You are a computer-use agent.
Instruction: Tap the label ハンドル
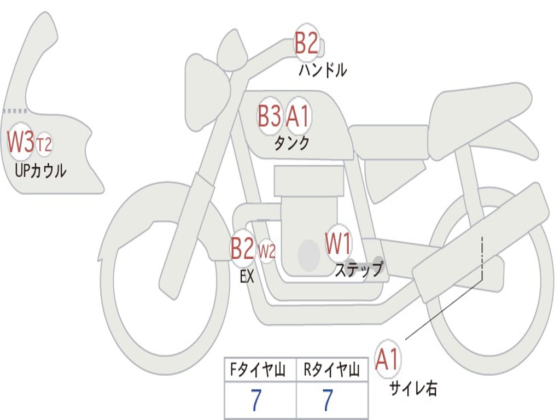[323, 70]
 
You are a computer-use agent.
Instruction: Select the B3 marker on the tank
[270, 116]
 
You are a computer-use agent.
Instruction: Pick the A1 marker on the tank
[298, 116]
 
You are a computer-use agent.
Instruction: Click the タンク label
[291, 143]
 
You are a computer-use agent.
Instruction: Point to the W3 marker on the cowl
[21, 142]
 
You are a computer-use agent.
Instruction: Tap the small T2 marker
[44, 145]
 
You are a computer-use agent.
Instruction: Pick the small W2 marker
[266, 252]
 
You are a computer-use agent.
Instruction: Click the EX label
[247, 277]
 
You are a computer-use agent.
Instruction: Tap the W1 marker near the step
[339, 244]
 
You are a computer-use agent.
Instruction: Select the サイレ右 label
[413, 388]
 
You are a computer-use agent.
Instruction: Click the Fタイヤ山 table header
[260, 371]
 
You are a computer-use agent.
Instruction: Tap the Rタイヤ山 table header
[332, 371]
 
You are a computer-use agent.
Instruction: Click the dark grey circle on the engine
[309, 255]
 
